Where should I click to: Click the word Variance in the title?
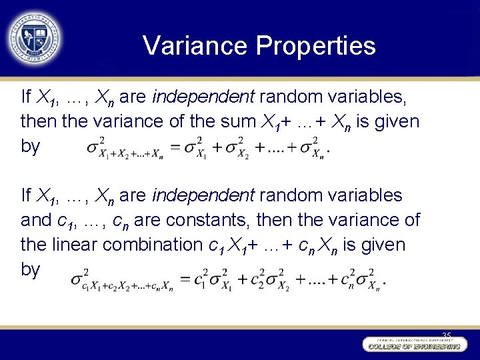(194, 46)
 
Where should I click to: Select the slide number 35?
(447, 335)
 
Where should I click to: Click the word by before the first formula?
(31, 147)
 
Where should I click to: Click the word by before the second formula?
(31, 270)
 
